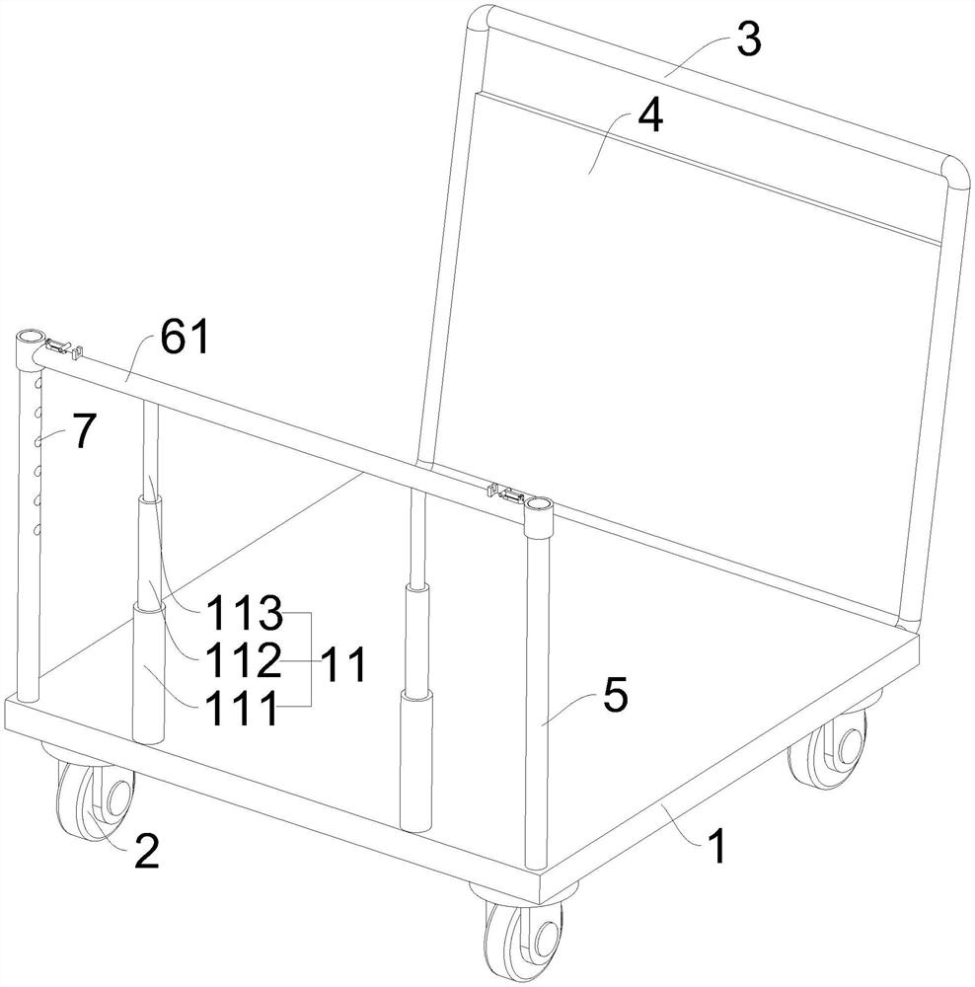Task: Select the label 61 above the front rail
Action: (184, 337)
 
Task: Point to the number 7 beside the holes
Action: (84, 431)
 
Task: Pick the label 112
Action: (243, 660)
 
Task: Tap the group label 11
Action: (342, 664)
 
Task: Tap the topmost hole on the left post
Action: (38, 383)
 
